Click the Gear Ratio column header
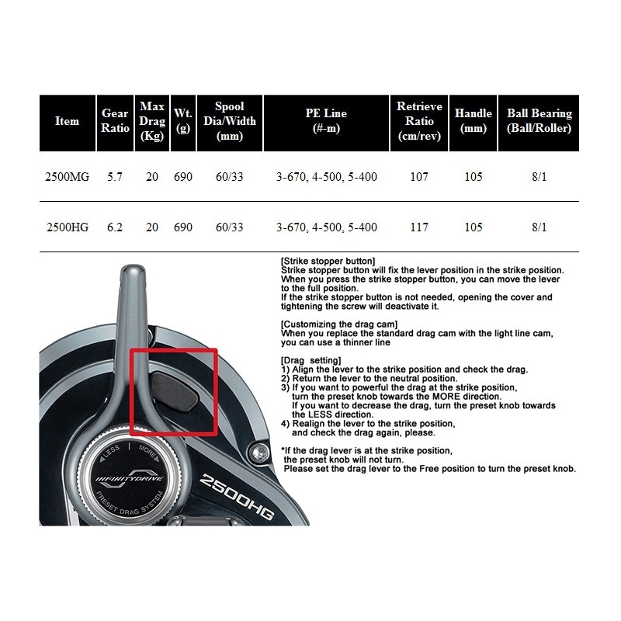point(115,121)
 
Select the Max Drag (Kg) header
point(152,121)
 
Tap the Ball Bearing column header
point(539,121)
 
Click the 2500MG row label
point(67,177)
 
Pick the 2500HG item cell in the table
point(68,227)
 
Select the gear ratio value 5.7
point(115,177)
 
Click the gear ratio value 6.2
point(115,227)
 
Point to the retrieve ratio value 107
point(419,177)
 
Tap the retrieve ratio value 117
point(419,227)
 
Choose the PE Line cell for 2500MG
point(326,177)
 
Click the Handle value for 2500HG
point(474,227)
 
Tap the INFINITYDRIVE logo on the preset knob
point(130,478)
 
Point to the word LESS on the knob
point(109,453)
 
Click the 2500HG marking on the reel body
point(237,497)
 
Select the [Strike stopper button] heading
point(328,262)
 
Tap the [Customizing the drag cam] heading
point(339,324)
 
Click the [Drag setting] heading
point(311,360)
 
